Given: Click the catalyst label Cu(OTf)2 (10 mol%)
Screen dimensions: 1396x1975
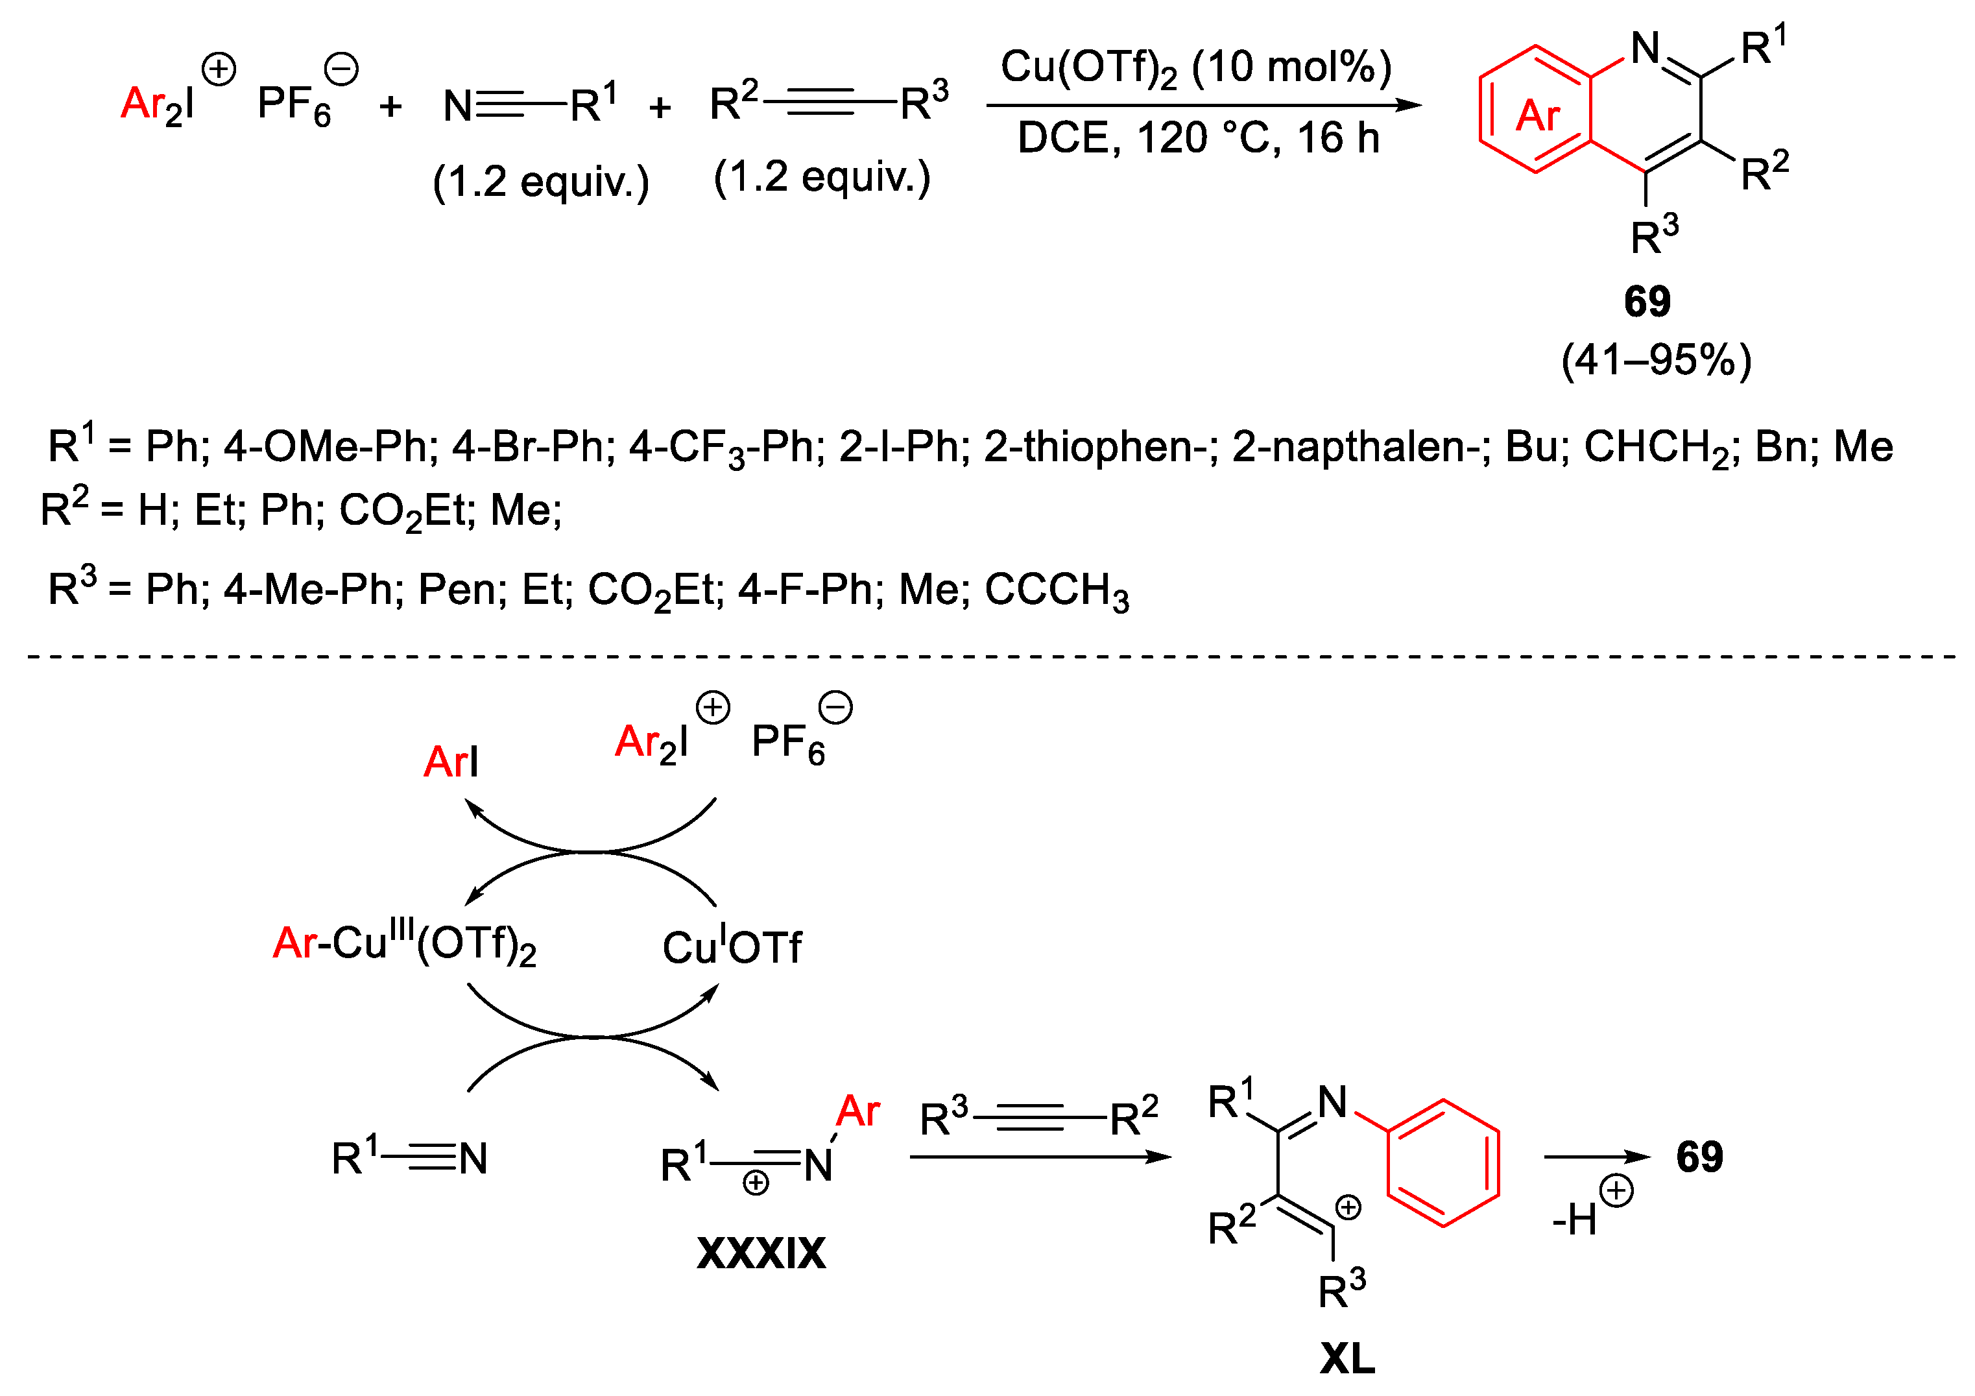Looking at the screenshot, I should [1195, 68].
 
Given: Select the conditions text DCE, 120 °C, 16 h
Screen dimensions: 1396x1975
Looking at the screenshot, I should [1198, 138].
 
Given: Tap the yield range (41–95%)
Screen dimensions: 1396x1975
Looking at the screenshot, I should [1656, 359].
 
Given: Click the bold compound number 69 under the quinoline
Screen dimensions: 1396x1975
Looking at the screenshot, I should [1646, 302].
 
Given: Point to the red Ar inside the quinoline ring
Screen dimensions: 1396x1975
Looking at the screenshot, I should [1537, 115].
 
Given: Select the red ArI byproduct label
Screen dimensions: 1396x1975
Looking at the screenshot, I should [451, 762].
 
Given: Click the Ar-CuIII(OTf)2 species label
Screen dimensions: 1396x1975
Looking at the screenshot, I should [404, 945].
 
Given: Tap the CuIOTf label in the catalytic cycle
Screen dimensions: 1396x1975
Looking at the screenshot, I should [731, 948].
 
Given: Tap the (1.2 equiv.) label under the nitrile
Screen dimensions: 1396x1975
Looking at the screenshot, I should [541, 182].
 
